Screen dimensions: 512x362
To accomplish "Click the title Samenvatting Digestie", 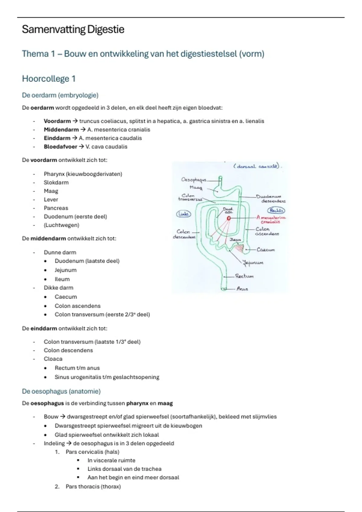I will click(73, 30).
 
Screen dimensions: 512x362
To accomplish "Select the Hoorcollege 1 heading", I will click(49, 79).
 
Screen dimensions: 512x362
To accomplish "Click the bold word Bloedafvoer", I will click(60, 147).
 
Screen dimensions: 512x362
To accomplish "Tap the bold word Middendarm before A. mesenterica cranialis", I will click(61, 130).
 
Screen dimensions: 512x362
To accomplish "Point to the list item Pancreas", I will click(56, 208).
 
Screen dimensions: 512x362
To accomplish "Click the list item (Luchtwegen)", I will click(62, 225).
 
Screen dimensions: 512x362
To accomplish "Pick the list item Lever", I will click(51, 200).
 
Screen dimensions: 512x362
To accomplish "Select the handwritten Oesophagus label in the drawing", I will click(193, 180).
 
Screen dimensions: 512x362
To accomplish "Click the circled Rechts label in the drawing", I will click(276, 211).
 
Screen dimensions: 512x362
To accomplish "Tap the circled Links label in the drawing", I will click(183, 214).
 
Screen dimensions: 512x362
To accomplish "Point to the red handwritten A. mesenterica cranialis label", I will click(271, 219).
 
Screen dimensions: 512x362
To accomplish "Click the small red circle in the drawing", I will click(229, 218).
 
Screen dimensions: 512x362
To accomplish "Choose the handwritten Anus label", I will click(242, 289).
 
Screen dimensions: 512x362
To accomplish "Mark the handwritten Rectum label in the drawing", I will click(244, 276).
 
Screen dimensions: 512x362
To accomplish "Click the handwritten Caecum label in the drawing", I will click(265, 250).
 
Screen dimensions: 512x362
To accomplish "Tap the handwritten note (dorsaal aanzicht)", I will click(256, 166).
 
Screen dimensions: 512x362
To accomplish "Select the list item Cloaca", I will click(53, 359).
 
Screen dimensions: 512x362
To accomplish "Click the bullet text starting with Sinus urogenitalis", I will click(107, 377).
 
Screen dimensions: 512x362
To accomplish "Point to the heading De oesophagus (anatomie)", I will click(61, 391).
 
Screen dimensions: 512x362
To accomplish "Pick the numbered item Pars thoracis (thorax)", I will click(93, 486).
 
